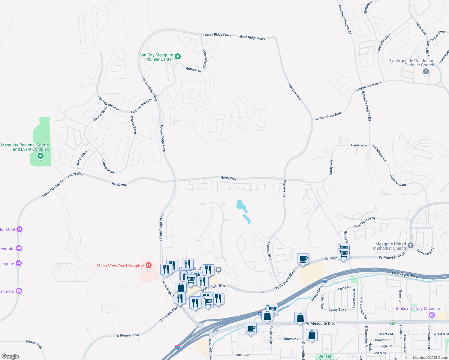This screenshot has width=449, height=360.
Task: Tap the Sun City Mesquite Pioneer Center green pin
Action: point(178,56)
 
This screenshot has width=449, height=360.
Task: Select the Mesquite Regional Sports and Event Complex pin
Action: point(40,156)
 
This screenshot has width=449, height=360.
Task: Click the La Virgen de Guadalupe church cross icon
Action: point(426,71)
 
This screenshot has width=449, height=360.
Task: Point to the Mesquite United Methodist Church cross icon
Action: point(411,245)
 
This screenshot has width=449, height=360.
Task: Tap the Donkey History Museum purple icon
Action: point(432,315)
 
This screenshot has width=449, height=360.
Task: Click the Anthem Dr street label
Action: point(194,69)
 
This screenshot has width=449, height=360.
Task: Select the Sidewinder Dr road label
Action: point(204,58)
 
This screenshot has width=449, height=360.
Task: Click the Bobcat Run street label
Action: point(82,158)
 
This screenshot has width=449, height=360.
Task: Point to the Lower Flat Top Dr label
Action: point(53,188)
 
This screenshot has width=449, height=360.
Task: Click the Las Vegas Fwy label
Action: point(405,274)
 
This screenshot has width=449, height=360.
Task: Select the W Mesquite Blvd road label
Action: point(321,323)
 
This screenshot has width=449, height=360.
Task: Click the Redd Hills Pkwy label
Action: point(365,222)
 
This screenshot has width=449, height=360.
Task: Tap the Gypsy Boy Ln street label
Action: point(338,310)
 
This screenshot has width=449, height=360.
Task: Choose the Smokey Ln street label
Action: point(292,339)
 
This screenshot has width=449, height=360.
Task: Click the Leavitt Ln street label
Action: point(242,355)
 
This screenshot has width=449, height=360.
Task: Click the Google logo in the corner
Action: point(10,356)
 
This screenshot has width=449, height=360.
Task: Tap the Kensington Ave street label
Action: point(383,44)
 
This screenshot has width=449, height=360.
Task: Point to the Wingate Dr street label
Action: point(369,8)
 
